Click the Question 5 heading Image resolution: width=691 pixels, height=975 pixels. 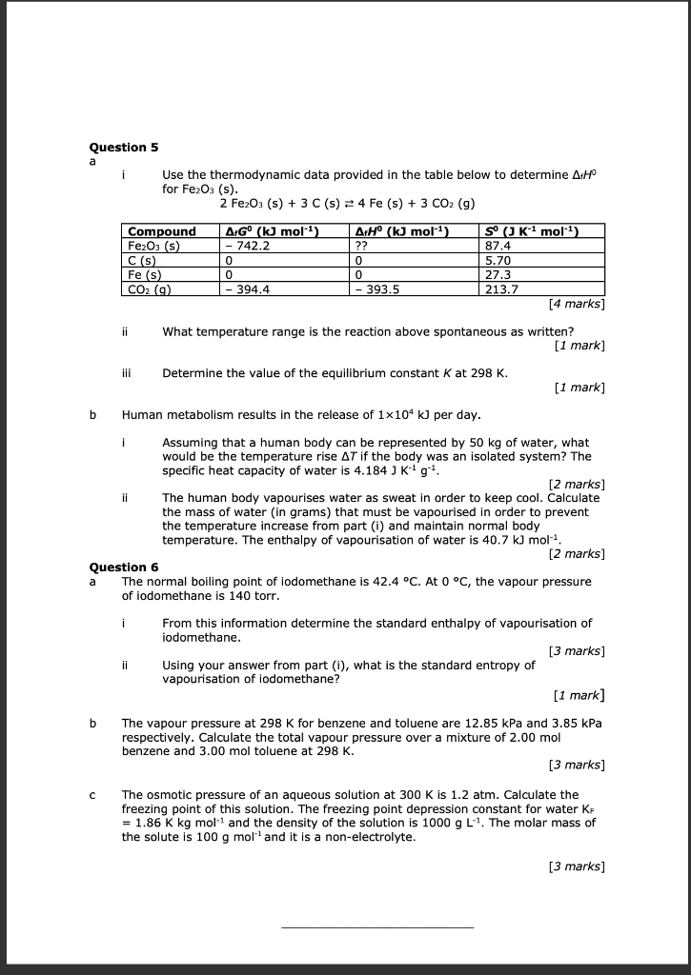tap(124, 148)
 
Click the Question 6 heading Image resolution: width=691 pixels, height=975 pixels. tap(124, 567)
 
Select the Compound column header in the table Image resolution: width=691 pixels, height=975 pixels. tap(161, 231)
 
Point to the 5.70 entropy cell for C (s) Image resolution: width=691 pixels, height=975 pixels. tap(498, 260)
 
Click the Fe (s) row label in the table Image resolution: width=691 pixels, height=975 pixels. tap(146, 276)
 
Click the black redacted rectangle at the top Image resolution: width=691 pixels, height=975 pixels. tap(364, 84)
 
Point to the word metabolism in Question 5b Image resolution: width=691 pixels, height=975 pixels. tap(196, 415)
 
